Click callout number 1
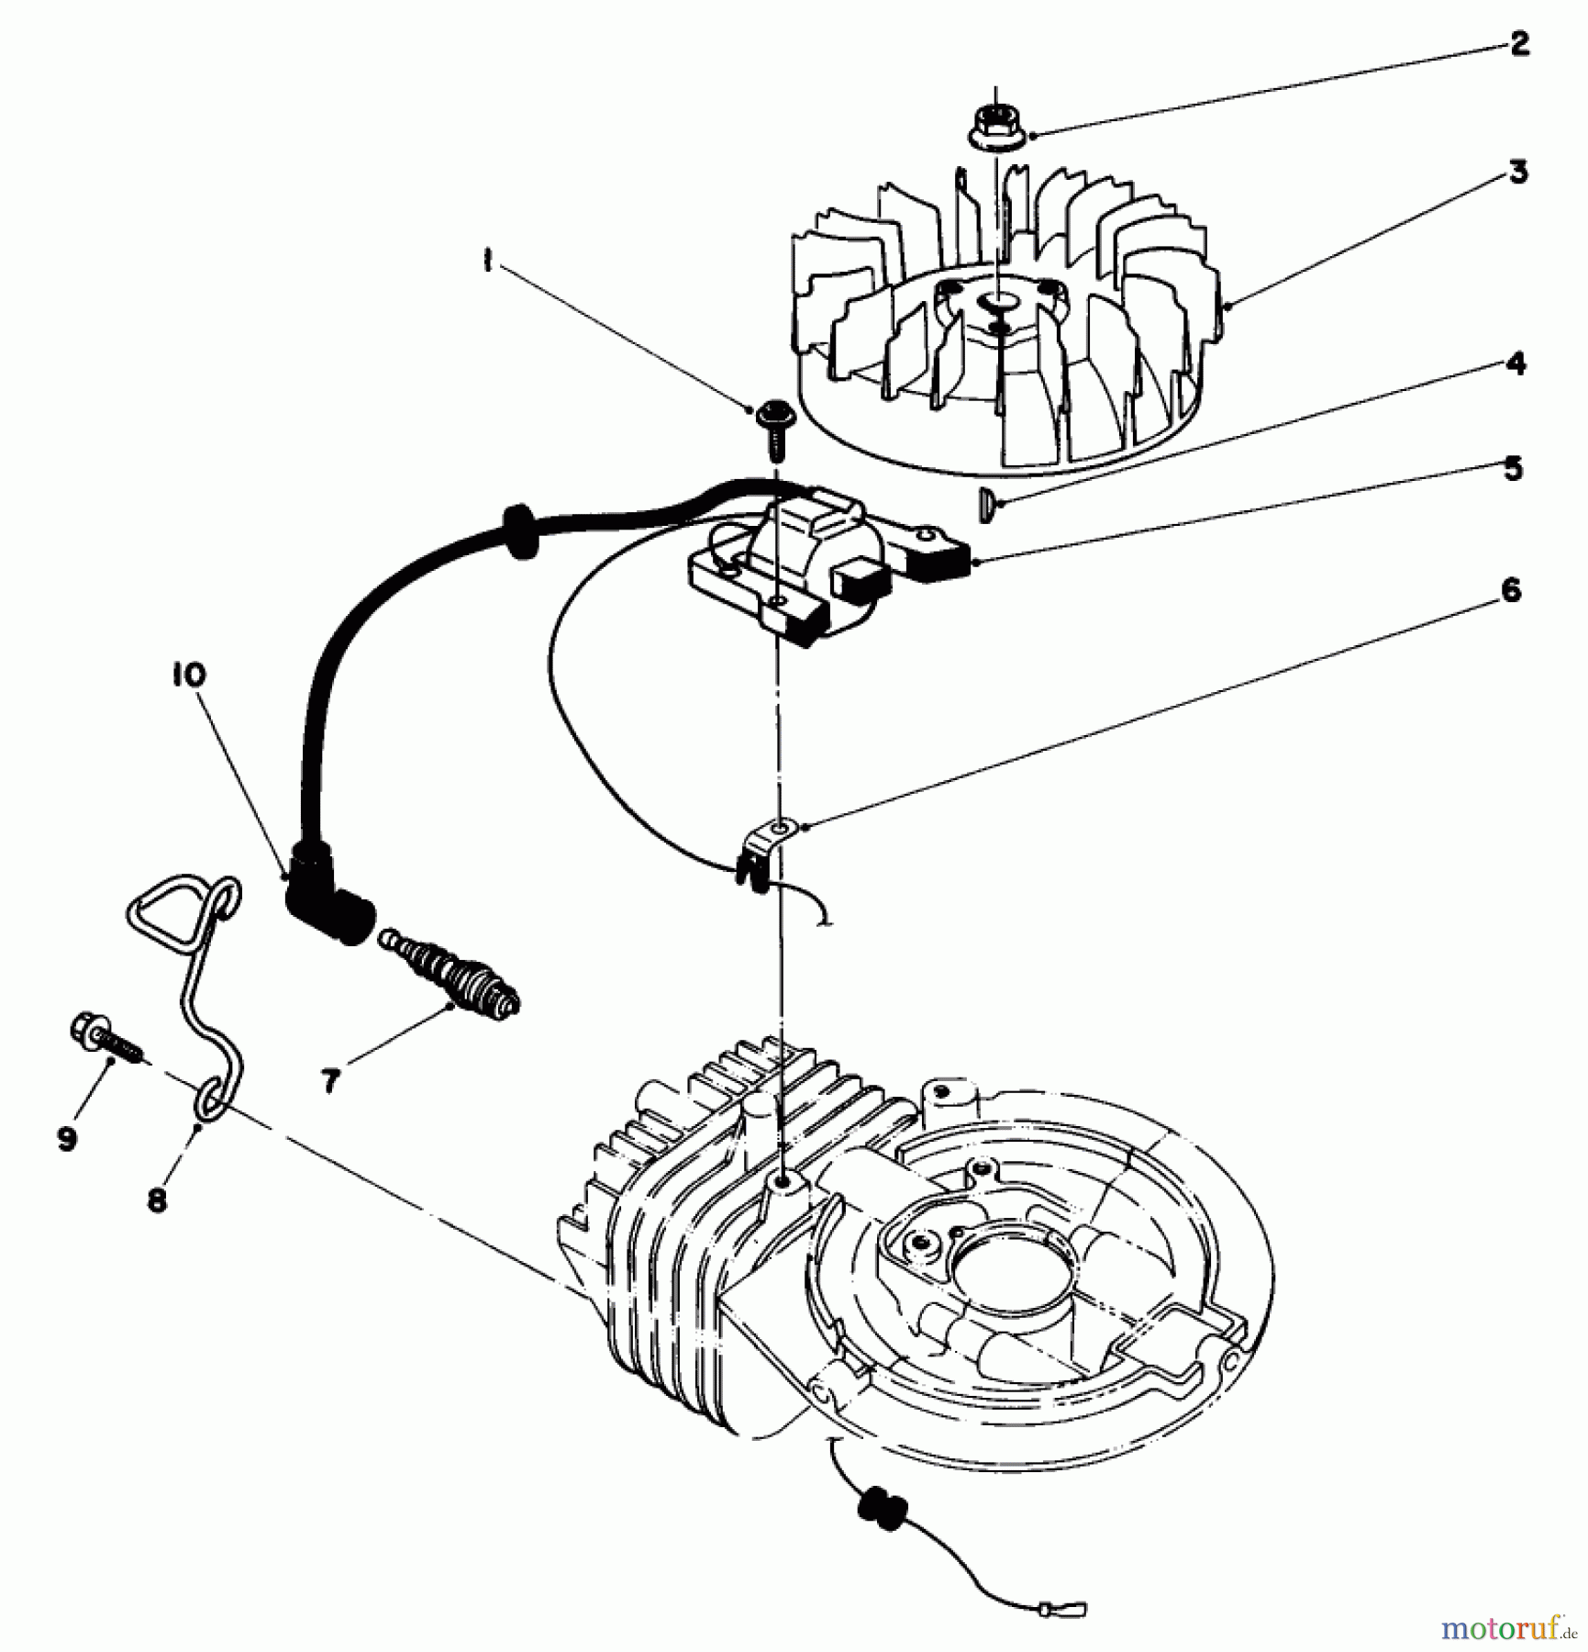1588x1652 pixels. coord(487,262)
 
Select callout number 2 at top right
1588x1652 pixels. coord(1519,43)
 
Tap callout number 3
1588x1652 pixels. coord(1518,172)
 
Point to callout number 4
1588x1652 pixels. coord(1516,363)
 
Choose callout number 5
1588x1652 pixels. coord(1513,468)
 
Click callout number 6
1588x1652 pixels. coord(1510,590)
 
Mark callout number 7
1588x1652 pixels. coord(330,1081)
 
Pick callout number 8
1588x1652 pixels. coord(158,1200)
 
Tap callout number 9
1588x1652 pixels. coord(66,1139)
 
